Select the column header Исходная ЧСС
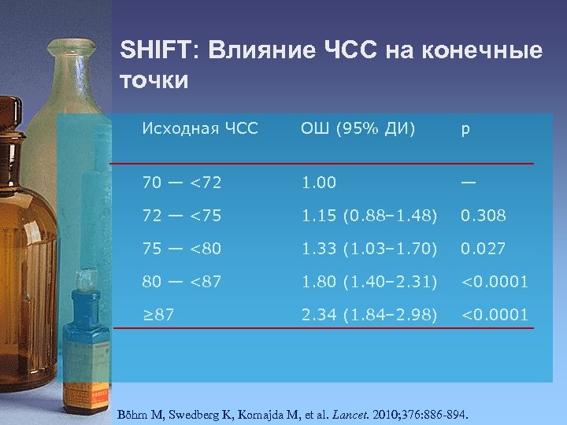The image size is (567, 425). tap(200, 128)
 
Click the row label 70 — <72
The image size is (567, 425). tap(181, 183)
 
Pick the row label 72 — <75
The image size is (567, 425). tap(181, 216)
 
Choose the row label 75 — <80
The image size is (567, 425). tap(181, 249)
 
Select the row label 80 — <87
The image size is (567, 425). tap(181, 282)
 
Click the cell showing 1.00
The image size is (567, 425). tap(318, 183)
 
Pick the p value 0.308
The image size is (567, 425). tap(484, 216)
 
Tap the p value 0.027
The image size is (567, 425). tap(484, 249)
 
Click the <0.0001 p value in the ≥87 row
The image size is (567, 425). tap(495, 315)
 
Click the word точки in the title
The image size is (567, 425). tap(154, 80)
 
